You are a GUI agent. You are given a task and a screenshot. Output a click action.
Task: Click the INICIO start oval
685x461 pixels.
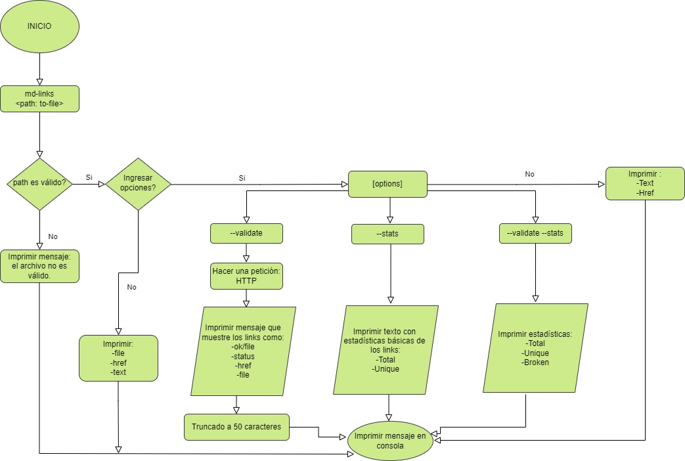click(x=39, y=27)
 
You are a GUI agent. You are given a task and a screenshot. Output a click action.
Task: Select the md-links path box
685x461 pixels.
click(x=39, y=99)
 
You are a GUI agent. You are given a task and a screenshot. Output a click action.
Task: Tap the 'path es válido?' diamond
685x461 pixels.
click(x=39, y=184)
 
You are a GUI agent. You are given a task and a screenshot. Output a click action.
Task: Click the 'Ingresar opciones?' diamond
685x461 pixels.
click(x=138, y=184)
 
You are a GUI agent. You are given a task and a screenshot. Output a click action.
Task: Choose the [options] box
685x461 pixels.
click(x=387, y=183)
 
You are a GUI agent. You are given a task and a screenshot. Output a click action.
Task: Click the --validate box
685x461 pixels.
click(x=246, y=233)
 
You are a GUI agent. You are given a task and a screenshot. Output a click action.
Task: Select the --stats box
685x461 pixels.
click(x=387, y=234)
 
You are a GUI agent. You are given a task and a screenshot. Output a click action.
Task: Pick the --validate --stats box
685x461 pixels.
click(x=535, y=233)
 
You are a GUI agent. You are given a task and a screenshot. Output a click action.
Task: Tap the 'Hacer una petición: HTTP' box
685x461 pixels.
click(x=246, y=276)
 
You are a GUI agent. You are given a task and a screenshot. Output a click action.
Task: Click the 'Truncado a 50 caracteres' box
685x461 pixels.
click(x=236, y=427)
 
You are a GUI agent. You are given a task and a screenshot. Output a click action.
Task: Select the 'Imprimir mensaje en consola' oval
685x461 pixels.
click(x=390, y=441)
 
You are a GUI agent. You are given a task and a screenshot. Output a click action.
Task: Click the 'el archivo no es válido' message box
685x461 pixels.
click(x=39, y=266)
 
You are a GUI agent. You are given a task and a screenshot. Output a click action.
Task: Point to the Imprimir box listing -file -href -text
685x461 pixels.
click(x=118, y=358)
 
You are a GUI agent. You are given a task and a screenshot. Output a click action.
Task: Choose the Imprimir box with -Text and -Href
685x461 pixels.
click(x=644, y=184)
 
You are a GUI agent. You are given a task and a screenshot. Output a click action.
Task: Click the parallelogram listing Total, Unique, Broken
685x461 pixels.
click(x=535, y=348)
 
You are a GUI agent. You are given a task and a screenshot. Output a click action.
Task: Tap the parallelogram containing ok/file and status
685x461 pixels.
click(x=243, y=351)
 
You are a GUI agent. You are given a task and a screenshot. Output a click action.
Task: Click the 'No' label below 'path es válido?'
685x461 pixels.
click(x=53, y=236)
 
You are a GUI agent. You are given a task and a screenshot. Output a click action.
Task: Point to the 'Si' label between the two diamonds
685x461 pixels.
click(x=89, y=177)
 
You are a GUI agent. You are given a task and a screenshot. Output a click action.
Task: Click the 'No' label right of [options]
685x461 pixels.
click(x=529, y=175)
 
